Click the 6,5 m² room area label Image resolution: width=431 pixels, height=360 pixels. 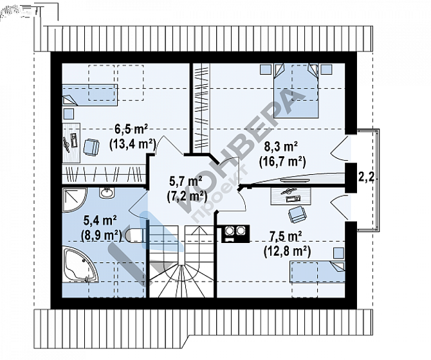tap(131, 129)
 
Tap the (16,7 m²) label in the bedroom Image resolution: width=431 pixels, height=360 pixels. tap(282, 162)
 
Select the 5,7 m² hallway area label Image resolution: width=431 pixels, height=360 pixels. tap(186, 182)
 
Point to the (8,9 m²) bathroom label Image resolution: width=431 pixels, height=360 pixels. tap(102, 235)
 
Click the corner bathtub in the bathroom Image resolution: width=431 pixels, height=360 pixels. tap(80, 264)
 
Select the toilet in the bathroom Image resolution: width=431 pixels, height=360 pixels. tap(136, 235)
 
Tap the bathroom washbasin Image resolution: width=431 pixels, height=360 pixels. tap(107, 193)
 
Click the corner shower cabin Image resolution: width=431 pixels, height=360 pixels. tap(75, 200)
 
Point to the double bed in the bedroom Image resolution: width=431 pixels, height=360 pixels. tap(296, 91)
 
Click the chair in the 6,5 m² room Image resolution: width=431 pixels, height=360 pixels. tap(91, 147)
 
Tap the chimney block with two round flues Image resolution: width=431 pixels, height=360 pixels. tap(235, 234)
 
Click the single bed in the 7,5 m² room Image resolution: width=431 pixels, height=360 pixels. tap(318, 272)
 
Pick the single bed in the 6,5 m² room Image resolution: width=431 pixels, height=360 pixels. tap(90, 95)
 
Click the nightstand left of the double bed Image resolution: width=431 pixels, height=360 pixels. tap(266, 69)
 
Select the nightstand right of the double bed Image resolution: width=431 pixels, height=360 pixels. tap(327, 69)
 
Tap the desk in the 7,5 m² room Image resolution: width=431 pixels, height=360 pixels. tap(291, 196)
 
